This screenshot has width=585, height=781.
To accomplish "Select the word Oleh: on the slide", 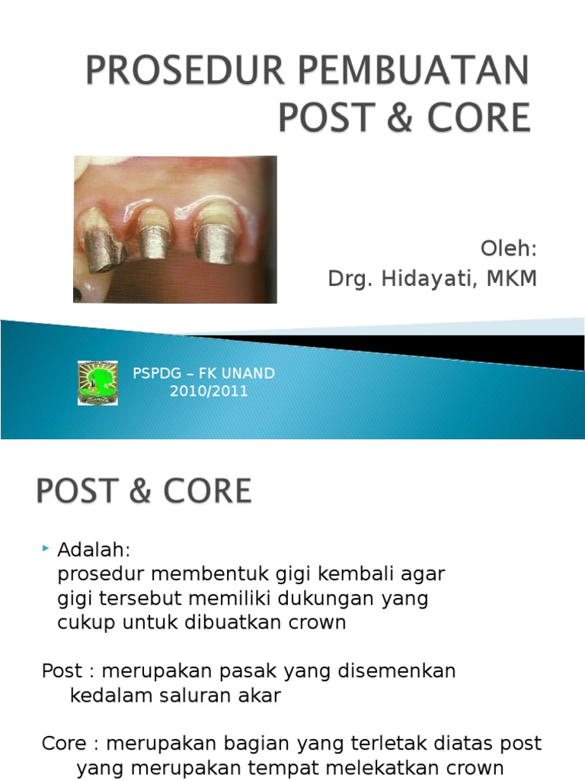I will click(509, 249).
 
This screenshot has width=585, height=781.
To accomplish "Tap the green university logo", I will click(97, 383).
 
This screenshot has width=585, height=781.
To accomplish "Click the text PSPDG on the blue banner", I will click(155, 374).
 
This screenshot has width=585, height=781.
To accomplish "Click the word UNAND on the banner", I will click(248, 374).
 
